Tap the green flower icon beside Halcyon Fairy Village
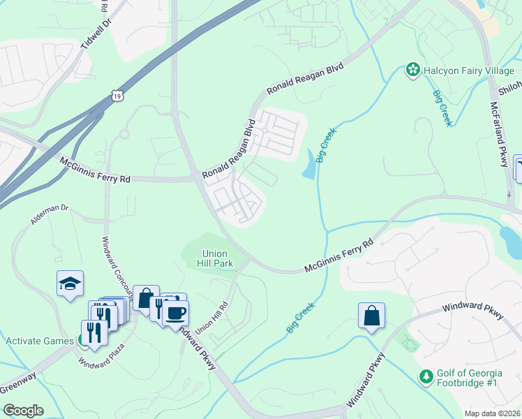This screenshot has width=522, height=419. click(x=412, y=70)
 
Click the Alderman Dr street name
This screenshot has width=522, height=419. click(x=50, y=217)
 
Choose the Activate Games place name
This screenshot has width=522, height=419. click(x=40, y=341)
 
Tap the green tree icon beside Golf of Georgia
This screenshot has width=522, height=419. click(x=426, y=377)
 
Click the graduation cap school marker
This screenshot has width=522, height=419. click(x=70, y=284)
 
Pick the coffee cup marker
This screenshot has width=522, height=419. click(x=174, y=311)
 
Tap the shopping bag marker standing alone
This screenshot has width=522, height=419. click(x=371, y=315)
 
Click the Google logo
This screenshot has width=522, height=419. click(x=23, y=411)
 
